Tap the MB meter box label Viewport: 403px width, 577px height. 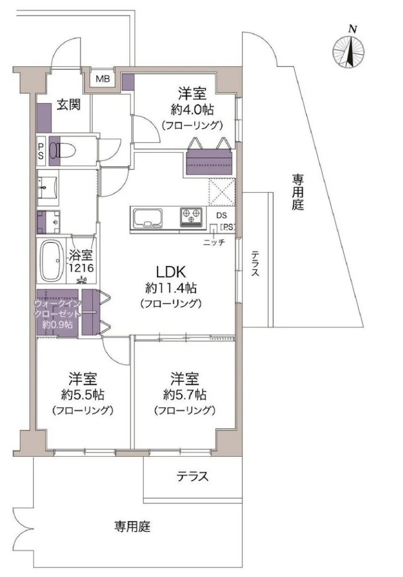click(102, 79)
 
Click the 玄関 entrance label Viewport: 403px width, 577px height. click(69, 105)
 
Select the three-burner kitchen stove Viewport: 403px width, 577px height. click(192, 215)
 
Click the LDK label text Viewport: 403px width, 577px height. click(170, 272)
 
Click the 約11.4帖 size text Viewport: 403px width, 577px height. click(171, 288)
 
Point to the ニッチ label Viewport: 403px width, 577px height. click(214, 242)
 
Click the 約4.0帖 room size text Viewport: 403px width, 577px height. click(192, 110)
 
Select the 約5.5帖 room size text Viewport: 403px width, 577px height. click(82, 395)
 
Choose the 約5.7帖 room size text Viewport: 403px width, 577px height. click(185, 395)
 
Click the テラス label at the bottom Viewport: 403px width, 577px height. click(192, 476)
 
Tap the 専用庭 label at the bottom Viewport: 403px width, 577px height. click(132, 527)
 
